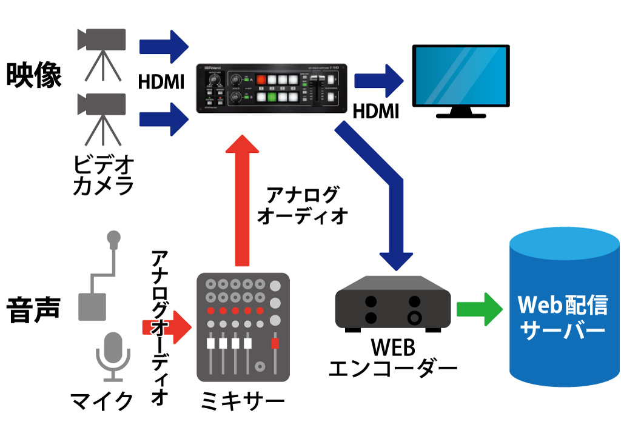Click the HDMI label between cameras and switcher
(x=161, y=81)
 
